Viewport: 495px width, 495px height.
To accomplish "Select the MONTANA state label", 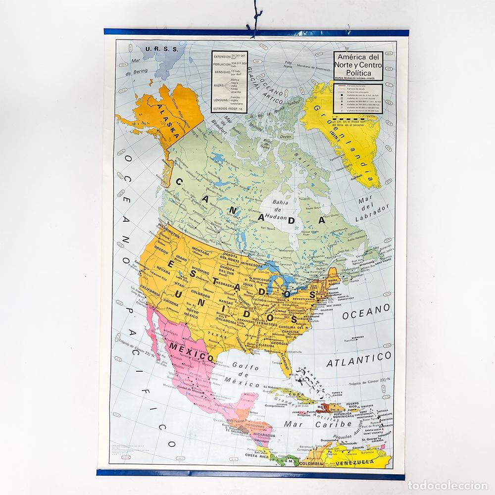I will (x=200, y=251).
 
